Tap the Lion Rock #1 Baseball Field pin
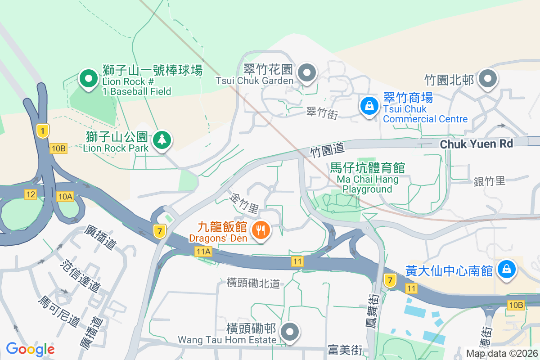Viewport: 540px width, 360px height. pos(89,79)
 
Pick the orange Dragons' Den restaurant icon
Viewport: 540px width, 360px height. pos(261,230)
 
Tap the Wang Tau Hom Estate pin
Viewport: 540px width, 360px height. pos(290,332)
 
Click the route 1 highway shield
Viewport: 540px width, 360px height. pos(42,131)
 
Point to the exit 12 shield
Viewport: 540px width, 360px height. pos(31,194)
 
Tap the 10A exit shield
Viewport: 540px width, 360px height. pos(65,196)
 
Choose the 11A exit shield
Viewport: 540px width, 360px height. pos(203,252)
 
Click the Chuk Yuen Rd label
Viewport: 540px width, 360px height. pos(477,144)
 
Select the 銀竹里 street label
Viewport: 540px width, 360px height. pos(490,181)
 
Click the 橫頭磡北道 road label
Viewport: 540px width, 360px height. pos(253,283)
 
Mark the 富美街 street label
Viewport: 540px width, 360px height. pos(345,349)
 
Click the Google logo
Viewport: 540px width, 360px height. pos(30,349)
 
